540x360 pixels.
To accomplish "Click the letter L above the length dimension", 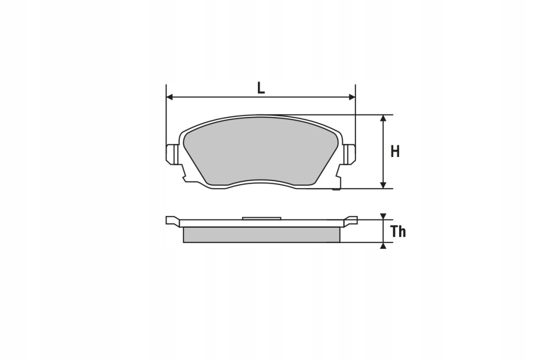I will tap(261, 88).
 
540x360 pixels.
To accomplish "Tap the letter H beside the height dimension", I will tap(395, 152).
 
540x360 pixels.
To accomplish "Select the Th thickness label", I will tap(398, 231).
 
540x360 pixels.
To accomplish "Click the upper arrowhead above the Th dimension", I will tap(384, 216).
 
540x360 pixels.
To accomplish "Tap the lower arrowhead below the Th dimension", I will tap(384, 245).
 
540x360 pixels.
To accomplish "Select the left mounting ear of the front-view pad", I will tap(171, 154).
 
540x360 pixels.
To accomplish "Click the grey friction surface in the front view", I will tap(261, 150).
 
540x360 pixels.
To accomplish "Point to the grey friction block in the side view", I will tap(261, 235).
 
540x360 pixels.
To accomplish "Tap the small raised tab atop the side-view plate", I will tap(261, 217).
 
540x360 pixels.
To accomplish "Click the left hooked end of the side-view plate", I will tap(171, 220).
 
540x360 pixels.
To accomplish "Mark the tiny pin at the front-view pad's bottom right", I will tap(335, 189).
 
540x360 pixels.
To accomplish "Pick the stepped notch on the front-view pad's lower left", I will tap(185, 177).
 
